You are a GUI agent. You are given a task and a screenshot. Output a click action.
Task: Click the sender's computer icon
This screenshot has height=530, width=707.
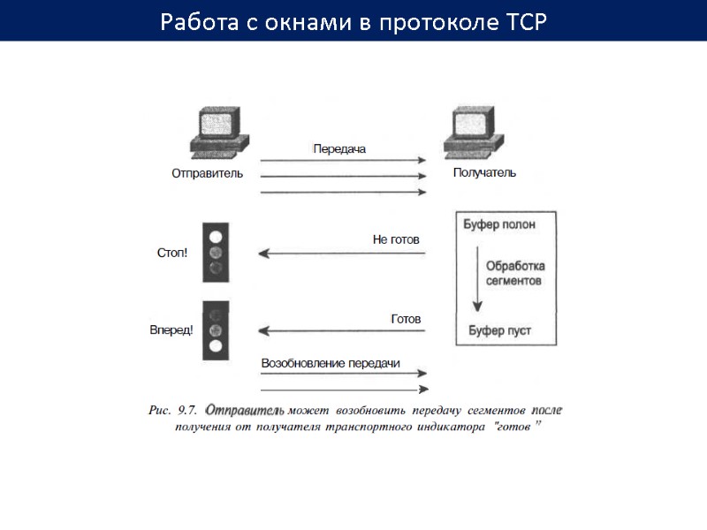click(217, 132)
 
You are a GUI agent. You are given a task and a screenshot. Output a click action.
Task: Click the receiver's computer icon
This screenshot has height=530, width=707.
click(475, 132)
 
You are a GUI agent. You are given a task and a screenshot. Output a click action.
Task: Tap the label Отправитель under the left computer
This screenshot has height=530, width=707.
click(207, 174)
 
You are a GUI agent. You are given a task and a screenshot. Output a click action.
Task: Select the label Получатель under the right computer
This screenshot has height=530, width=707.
click(484, 173)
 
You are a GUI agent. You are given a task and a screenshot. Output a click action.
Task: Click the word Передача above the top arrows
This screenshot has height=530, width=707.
click(339, 149)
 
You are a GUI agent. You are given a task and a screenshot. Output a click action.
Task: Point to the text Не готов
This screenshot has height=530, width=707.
click(396, 239)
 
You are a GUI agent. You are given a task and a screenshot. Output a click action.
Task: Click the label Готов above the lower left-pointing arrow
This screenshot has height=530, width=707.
click(406, 318)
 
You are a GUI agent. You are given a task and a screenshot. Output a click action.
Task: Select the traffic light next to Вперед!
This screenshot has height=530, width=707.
click(215, 329)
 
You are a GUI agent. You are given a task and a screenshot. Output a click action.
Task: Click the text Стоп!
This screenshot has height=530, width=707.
click(171, 254)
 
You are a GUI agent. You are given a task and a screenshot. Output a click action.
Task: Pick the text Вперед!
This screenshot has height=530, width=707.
click(171, 330)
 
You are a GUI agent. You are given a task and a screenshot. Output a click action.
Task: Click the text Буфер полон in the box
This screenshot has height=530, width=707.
click(499, 224)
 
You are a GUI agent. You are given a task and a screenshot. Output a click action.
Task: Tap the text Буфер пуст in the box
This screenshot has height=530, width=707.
click(499, 332)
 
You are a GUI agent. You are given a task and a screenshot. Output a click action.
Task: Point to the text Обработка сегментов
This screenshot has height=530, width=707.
click(515, 273)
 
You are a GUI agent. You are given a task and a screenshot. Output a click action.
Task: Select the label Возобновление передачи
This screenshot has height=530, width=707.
click(331, 363)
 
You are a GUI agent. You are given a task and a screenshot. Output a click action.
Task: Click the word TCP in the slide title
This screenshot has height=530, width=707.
click(526, 21)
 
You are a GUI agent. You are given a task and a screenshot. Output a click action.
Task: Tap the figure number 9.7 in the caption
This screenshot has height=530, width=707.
click(187, 410)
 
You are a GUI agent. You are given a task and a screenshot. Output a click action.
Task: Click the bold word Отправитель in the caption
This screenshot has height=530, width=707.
click(245, 410)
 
